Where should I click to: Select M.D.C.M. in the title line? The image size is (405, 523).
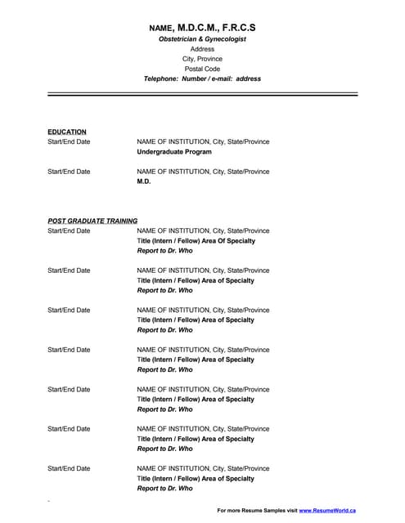(201, 27)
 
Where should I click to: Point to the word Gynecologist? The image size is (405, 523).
(223, 38)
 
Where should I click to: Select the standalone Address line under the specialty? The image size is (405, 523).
(202, 49)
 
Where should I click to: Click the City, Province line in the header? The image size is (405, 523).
(202, 59)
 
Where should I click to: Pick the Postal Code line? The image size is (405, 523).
(202, 69)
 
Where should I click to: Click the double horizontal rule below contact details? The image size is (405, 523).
(202, 95)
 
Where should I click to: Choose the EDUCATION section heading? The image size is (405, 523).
(67, 132)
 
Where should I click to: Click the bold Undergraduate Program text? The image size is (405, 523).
(174, 152)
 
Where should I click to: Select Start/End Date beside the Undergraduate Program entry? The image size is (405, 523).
(69, 142)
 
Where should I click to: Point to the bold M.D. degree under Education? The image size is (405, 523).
(144, 181)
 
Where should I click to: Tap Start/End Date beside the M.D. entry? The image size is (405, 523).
(69, 172)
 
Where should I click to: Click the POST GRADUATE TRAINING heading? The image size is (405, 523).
(92, 221)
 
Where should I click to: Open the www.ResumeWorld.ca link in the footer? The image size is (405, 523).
(327, 510)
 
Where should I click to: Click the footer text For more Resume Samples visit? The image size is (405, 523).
(257, 510)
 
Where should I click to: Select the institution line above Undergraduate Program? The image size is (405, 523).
(203, 142)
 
